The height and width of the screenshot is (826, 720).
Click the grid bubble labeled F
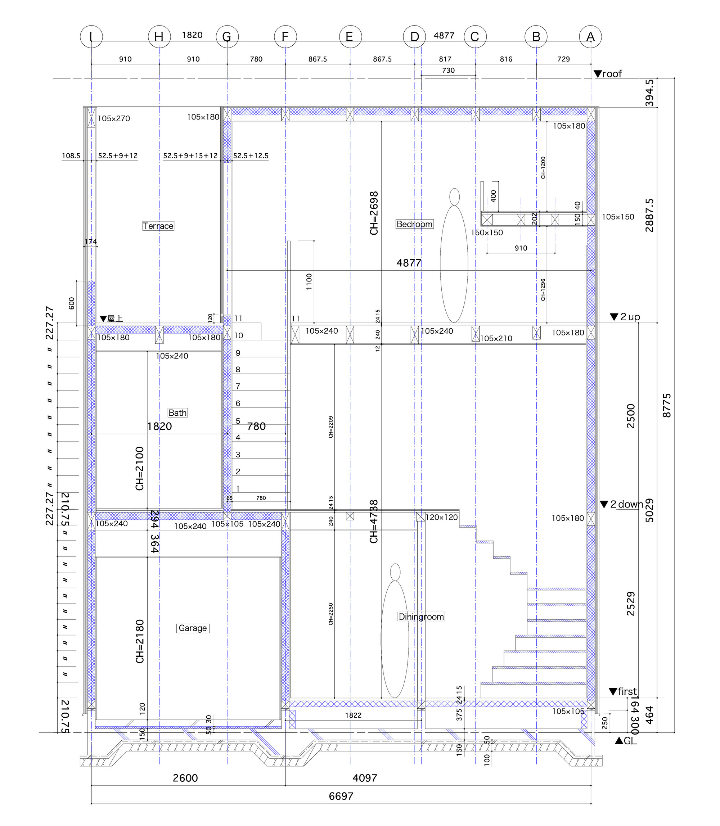click(285, 37)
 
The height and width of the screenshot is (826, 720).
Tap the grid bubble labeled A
click(590, 37)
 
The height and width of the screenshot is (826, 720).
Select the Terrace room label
click(158, 226)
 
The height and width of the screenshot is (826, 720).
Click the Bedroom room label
click(414, 224)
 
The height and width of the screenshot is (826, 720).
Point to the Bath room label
click(177, 412)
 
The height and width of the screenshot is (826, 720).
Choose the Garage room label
click(193, 628)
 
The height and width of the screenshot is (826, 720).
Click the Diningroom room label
click(421, 617)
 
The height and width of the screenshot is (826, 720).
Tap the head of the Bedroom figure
click(454, 197)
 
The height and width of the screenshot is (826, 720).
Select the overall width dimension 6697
click(341, 796)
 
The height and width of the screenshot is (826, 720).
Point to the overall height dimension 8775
click(667, 405)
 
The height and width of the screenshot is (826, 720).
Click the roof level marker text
click(612, 73)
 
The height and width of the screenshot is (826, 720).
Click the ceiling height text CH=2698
click(374, 213)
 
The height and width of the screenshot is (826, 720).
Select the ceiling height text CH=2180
click(139, 642)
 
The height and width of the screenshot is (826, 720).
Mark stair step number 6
click(238, 403)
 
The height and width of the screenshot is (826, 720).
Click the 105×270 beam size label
click(114, 118)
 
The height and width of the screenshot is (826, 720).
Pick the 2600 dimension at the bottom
click(185, 778)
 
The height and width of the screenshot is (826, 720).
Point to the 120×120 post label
click(442, 518)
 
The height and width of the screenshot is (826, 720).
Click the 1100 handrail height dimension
click(309, 281)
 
